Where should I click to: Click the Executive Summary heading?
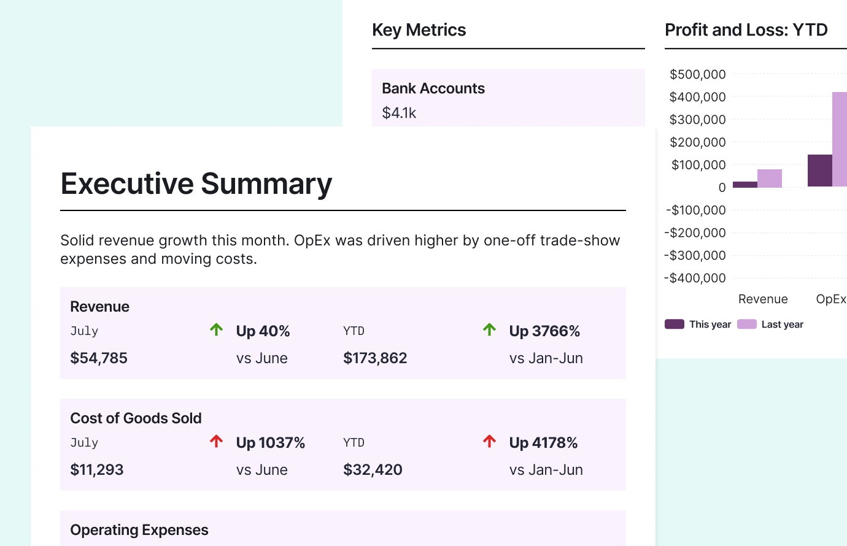coord(196,184)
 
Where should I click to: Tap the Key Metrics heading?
coord(419,30)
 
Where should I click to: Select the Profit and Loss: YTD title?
coord(746,30)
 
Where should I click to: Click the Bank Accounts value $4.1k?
coord(399,113)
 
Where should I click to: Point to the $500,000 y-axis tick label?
coord(698,75)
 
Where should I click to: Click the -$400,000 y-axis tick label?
coord(695,278)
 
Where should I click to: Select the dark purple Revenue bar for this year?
coord(745,184)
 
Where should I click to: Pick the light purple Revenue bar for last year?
coord(770,179)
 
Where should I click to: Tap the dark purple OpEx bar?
coord(819,171)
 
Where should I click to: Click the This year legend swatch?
coord(675,324)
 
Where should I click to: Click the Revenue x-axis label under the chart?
coord(763,299)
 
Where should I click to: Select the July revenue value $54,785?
coord(99,358)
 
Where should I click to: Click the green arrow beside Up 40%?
coord(216,330)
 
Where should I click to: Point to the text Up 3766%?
coord(544,331)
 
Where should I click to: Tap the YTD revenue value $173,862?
coord(375,358)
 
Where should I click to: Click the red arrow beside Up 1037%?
coord(216,442)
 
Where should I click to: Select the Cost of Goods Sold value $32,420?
coord(373,470)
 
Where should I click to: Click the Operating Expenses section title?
coord(139,530)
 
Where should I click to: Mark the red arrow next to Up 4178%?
coord(489,442)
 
